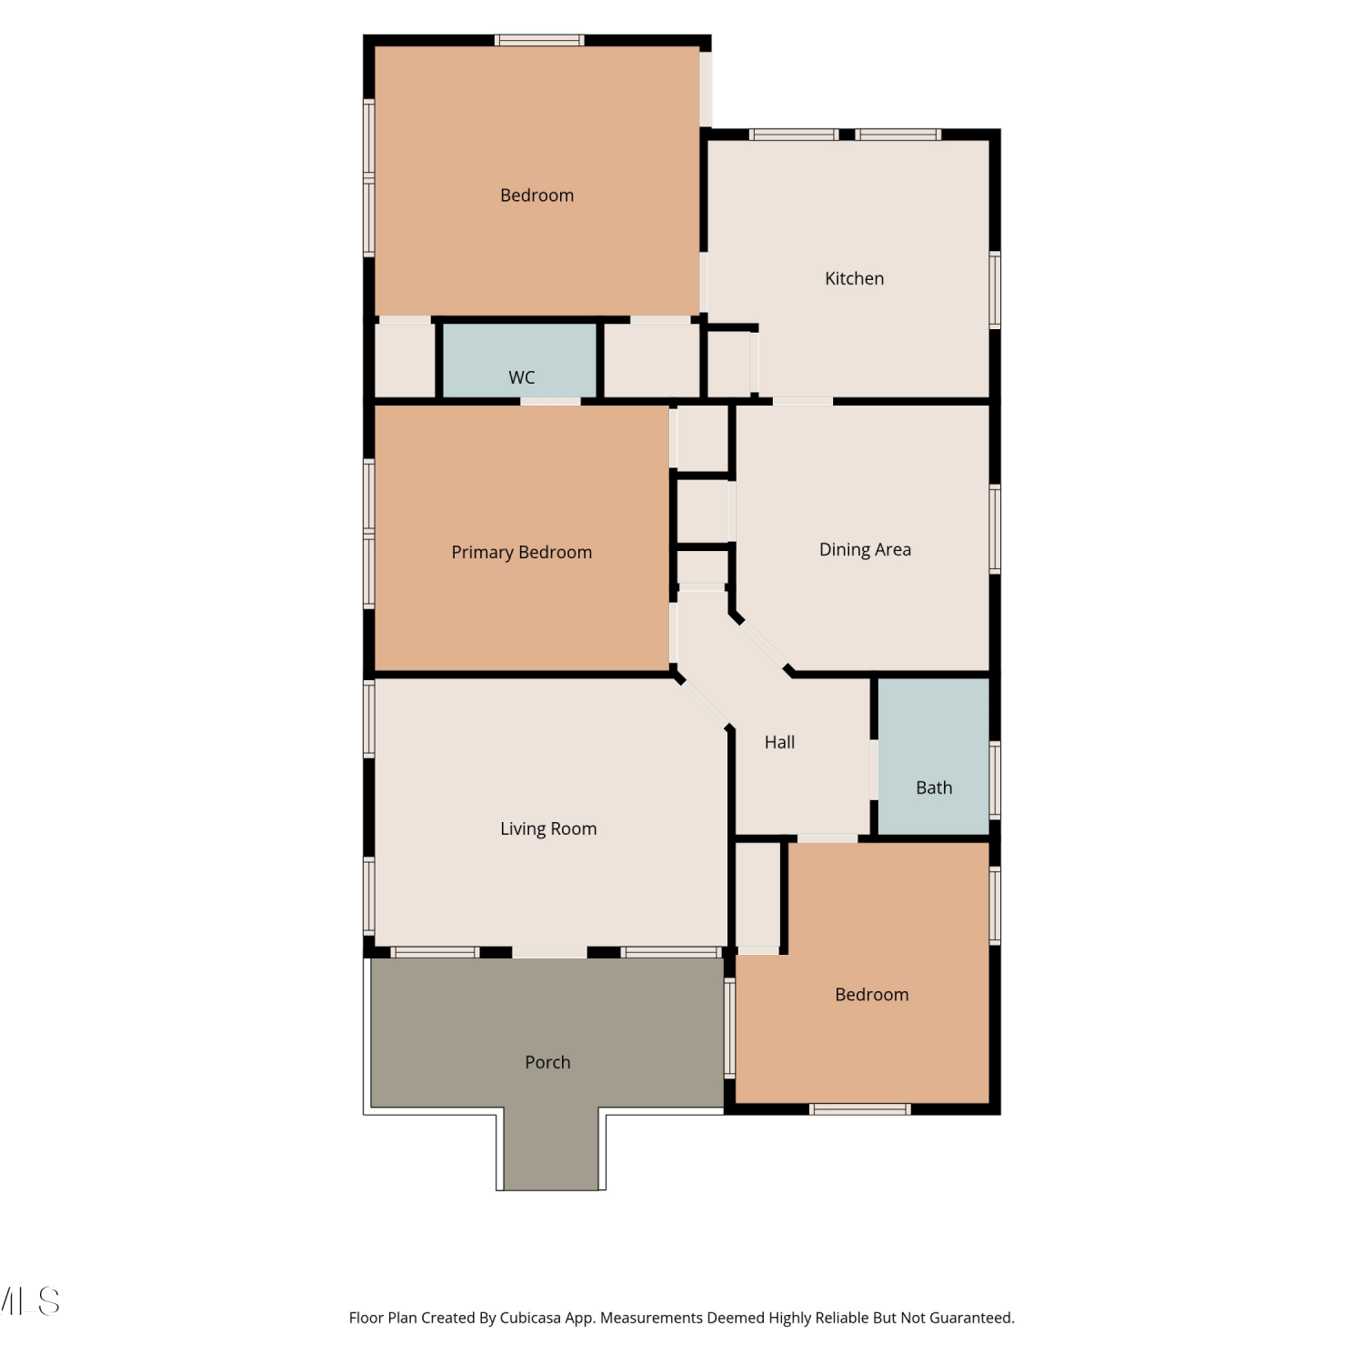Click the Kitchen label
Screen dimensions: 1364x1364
point(854,278)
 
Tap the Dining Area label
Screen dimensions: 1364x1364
point(865,549)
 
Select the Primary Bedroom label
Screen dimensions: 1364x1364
point(521,552)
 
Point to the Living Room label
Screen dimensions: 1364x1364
point(548,828)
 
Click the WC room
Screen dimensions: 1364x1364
point(519,360)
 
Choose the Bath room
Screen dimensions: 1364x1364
point(933,756)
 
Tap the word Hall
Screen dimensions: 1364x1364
point(779,742)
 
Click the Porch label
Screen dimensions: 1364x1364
point(547,1062)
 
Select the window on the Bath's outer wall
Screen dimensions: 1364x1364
point(995,779)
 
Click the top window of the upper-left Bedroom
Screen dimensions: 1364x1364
point(539,40)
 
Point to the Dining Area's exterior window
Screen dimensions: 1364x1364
point(995,529)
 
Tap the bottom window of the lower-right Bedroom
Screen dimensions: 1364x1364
point(859,1109)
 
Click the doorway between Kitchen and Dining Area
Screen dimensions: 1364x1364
point(802,401)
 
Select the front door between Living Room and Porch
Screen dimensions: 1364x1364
point(549,952)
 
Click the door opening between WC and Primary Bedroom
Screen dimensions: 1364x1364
point(550,401)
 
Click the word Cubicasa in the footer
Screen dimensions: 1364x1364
point(530,1318)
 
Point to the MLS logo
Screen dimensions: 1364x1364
point(29,1301)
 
